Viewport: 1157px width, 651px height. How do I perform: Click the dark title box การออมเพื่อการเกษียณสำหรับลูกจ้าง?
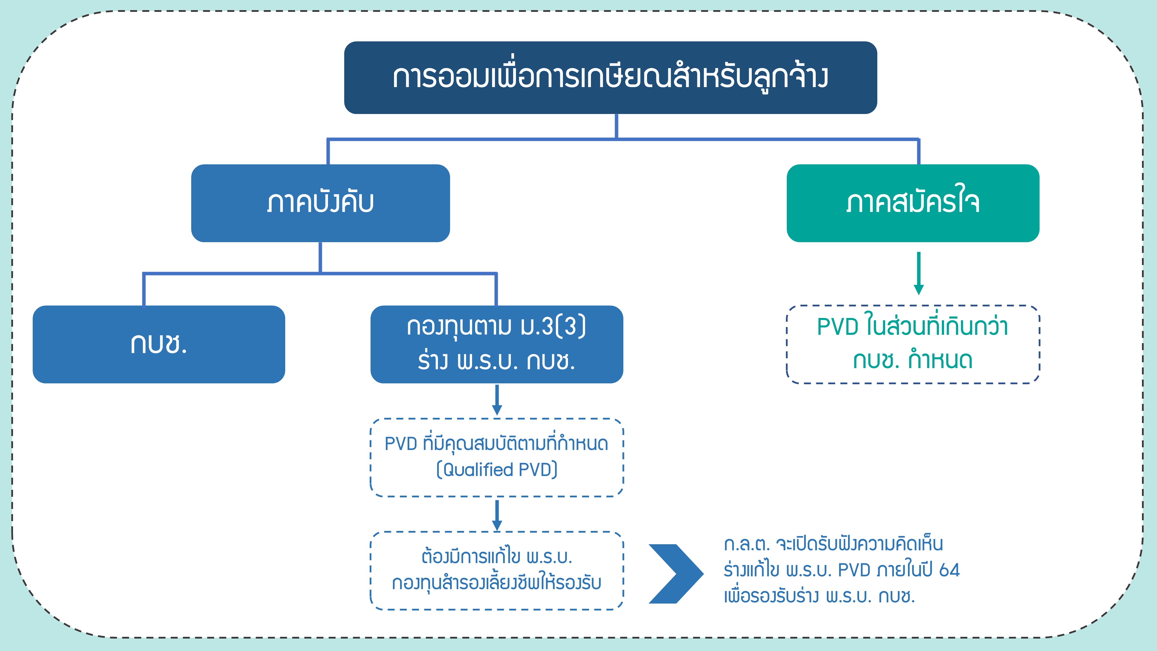pos(610,78)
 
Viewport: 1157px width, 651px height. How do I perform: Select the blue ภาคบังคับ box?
pos(320,203)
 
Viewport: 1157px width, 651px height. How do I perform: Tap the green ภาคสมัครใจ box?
pos(913,203)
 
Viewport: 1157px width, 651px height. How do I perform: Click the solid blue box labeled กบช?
pos(159,344)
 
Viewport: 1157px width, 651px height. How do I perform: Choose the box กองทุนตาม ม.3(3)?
pos(497,344)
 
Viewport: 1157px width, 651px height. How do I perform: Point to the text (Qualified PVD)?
pos(497,470)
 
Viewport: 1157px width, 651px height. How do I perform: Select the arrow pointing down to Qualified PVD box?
pos(497,400)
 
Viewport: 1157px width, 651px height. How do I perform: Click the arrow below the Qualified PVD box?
pos(497,515)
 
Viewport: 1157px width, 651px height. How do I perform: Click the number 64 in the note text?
pos(949,570)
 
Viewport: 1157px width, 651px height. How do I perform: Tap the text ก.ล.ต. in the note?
pos(747,544)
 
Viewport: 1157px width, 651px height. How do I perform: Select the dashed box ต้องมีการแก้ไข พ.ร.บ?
pos(497,571)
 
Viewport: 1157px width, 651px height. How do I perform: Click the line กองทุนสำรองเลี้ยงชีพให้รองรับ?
pos(497,583)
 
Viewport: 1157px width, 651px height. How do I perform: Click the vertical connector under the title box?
pos(616,126)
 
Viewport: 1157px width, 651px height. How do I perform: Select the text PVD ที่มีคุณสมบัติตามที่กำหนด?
pos(496,444)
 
